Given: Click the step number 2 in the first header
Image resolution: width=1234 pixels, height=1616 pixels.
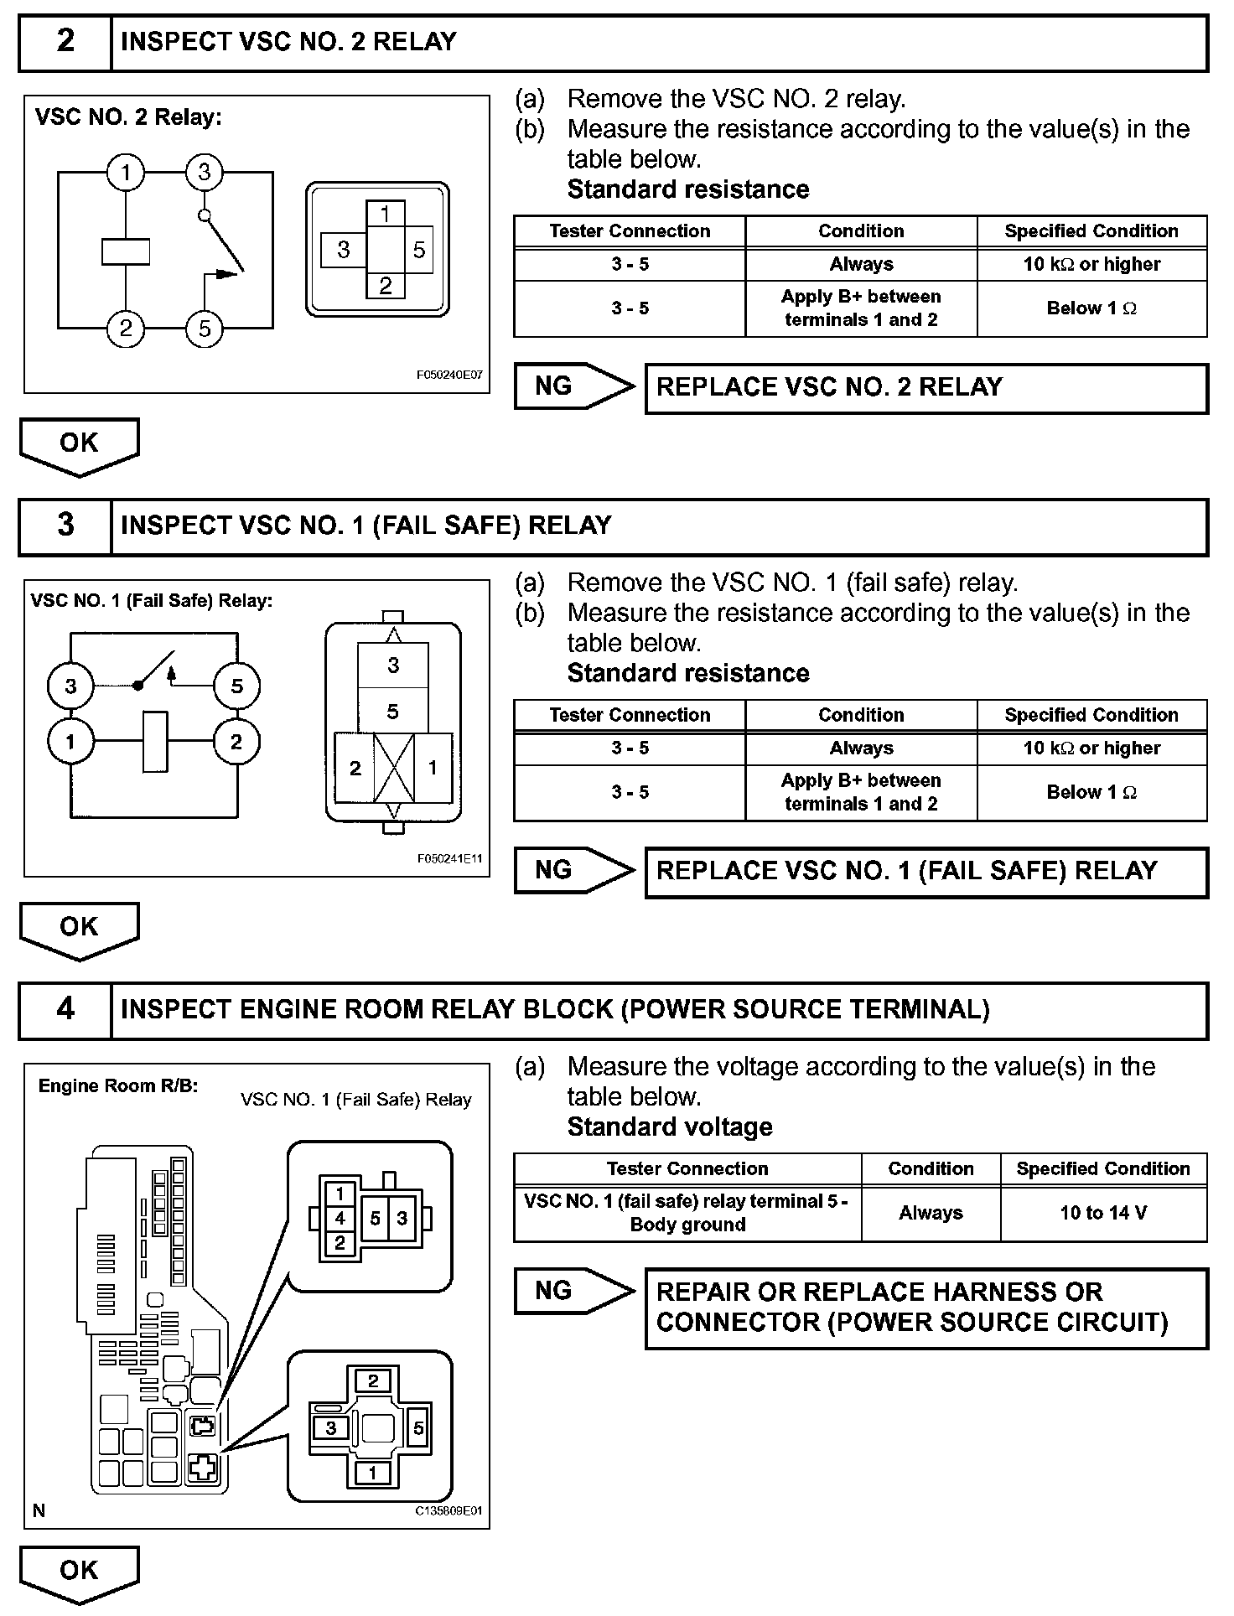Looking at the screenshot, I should click(65, 41).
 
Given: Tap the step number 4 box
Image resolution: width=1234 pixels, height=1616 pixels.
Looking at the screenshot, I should click(65, 1008).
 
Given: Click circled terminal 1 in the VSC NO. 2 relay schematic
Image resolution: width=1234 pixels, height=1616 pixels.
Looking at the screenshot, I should click(126, 173).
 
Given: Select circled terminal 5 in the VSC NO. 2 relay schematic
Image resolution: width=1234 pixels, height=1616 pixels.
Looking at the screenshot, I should click(205, 329).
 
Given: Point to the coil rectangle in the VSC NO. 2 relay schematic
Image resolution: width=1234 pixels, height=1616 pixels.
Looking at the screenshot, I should click(126, 251).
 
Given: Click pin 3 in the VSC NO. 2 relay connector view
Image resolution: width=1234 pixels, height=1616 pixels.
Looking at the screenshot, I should click(344, 250).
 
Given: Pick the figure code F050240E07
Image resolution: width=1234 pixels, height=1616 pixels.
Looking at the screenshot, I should click(449, 376).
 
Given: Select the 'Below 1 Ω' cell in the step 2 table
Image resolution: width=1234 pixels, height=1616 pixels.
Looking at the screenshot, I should click(1091, 308).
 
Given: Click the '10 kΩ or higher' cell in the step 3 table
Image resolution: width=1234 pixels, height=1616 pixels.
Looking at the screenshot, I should click(1091, 748).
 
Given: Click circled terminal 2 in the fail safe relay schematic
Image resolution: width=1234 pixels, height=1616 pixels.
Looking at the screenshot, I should click(236, 742).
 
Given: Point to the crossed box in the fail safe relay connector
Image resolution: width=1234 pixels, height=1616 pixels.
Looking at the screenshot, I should click(393, 768).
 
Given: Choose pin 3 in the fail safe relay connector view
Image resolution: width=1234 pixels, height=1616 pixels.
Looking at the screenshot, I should click(393, 666).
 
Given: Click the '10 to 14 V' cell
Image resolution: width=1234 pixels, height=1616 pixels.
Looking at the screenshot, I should click(1103, 1213).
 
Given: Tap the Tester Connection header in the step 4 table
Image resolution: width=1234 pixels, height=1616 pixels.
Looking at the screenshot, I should click(687, 1169).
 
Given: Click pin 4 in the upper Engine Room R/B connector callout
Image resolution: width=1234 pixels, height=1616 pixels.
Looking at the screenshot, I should click(340, 1218).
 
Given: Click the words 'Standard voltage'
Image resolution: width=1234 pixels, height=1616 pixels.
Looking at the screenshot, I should click(670, 1127).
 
